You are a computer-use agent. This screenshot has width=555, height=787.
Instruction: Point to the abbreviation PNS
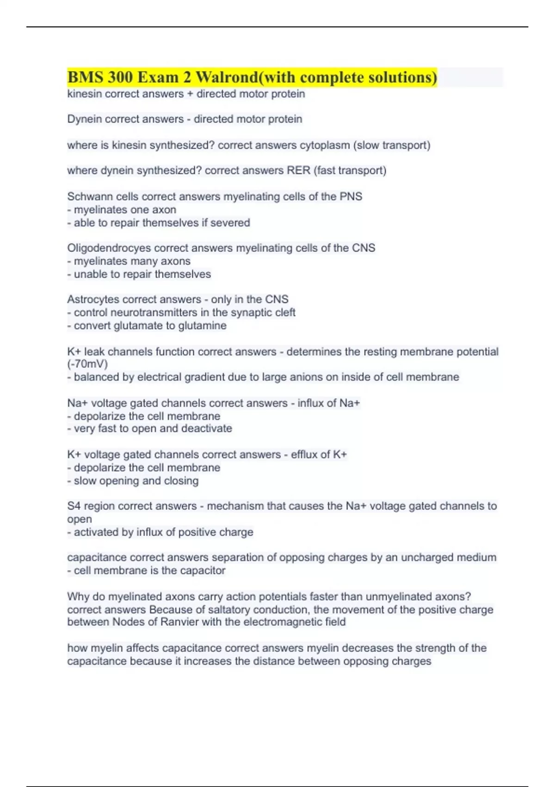(351, 196)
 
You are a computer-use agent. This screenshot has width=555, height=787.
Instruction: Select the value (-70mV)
(87, 364)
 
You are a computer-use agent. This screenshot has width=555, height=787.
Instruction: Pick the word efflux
(305, 455)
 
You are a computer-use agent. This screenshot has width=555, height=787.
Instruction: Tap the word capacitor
(202, 570)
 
